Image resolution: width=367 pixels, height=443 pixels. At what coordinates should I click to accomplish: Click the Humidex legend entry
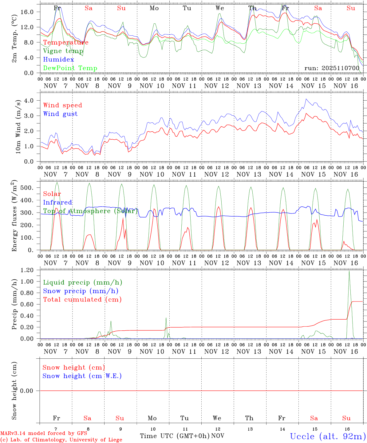click(x=58, y=60)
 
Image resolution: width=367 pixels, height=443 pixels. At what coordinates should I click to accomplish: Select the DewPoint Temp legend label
click(x=70, y=68)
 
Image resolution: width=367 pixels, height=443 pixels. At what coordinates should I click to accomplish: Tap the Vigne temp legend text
click(x=63, y=51)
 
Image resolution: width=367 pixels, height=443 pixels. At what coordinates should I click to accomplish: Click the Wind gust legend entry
click(x=60, y=114)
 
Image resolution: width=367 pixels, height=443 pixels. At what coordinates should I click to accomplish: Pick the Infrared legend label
click(x=57, y=202)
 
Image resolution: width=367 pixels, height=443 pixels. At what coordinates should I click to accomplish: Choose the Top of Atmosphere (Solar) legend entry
click(x=90, y=211)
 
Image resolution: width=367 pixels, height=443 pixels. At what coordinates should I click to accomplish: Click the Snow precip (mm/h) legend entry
click(x=81, y=291)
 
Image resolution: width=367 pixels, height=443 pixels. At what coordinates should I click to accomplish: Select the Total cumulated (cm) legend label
click(x=82, y=300)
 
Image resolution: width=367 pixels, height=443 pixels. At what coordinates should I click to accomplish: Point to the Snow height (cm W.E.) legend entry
click(x=82, y=376)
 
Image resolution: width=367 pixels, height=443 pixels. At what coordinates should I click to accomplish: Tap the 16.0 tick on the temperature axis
click(x=31, y=12)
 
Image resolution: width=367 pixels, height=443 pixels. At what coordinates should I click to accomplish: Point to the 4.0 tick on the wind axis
click(x=32, y=101)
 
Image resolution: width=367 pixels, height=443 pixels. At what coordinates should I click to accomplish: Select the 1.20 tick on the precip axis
click(x=31, y=270)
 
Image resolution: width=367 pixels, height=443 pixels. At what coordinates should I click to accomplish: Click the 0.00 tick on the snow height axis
click(x=31, y=391)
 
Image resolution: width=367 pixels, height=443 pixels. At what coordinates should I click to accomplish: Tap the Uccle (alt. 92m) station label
click(x=328, y=436)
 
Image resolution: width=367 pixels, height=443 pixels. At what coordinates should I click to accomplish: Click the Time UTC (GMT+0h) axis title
click(x=175, y=436)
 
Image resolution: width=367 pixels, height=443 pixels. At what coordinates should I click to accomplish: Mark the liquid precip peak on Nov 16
click(x=349, y=271)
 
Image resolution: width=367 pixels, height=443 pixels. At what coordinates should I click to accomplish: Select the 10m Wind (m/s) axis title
click(x=18, y=127)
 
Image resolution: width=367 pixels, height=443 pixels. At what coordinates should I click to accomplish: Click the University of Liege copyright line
click(x=61, y=440)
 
